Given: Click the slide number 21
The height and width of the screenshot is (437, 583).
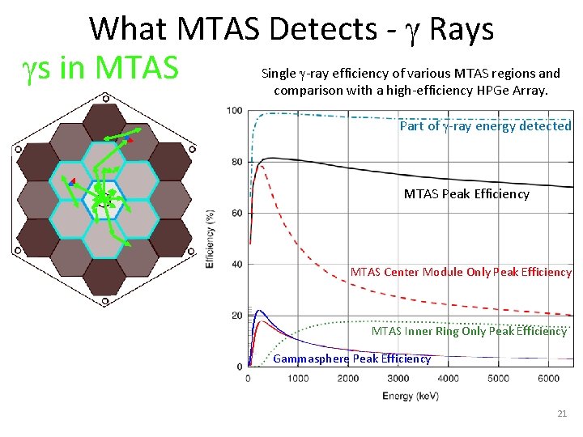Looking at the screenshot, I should [x=562, y=414].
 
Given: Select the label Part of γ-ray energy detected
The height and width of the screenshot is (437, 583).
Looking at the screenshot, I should [x=485, y=125].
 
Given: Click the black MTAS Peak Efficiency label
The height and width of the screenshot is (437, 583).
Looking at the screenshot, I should [x=466, y=193].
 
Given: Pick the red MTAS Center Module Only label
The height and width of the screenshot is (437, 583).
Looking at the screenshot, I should [x=461, y=272].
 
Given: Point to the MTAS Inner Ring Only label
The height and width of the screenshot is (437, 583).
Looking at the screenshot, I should [x=469, y=331].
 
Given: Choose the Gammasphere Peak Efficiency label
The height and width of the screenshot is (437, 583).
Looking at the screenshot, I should [x=352, y=359].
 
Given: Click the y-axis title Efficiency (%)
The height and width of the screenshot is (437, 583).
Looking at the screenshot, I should [x=211, y=239].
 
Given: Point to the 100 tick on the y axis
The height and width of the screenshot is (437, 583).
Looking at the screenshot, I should [x=234, y=111].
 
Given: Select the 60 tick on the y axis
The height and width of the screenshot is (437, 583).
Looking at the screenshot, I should [x=236, y=213].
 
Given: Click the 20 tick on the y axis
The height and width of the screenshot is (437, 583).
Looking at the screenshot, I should [x=236, y=316].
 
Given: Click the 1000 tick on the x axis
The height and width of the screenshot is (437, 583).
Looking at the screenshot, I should [x=298, y=378].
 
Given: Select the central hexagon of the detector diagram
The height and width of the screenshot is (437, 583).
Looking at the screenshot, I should [x=103, y=197].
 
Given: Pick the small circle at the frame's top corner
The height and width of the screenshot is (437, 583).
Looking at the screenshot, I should [x=104, y=98].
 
